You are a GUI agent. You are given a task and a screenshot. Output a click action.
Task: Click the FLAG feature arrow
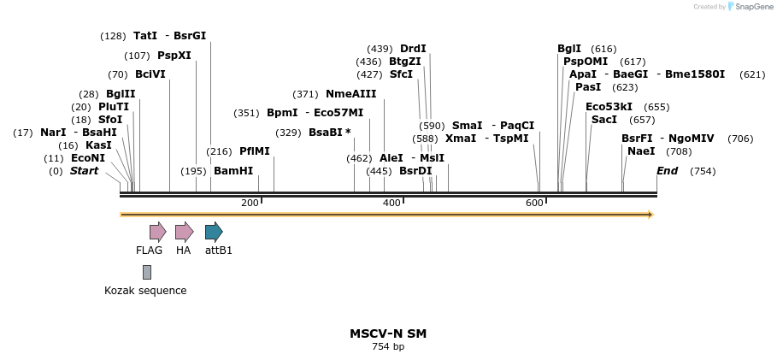click(x=157, y=231)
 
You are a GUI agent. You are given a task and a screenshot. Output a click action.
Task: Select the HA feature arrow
click(x=184, y=231)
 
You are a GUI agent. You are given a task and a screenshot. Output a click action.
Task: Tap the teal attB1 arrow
click(x=214, y=231)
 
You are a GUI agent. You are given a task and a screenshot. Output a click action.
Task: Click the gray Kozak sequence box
click(x=147, y=272)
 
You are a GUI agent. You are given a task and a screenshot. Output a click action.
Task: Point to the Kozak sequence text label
click(x=145, y=291)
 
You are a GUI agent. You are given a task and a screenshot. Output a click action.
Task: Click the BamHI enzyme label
click(x=233, y=171)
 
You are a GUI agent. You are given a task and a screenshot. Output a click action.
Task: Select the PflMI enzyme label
click(x=254, y=151)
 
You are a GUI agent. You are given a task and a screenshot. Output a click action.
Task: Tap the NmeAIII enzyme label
click(x=350, y=94)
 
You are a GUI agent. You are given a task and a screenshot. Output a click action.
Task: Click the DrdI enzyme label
click(x=413, y=49)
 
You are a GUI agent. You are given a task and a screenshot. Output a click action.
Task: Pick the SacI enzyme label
click(x=603, y=120)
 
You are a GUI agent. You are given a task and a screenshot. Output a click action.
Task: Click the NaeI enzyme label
click(x=641, y=151)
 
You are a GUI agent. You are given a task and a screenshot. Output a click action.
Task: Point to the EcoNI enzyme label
click(x=88, y=158)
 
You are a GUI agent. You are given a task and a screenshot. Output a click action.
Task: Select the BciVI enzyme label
click(x=150, y=74)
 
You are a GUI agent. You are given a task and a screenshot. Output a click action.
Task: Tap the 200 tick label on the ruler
click(x=250, y=203)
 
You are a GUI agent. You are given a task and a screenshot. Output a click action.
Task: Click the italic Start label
click(x=84, y=171)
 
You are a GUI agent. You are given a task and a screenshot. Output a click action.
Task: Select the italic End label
click(x=667, y=171)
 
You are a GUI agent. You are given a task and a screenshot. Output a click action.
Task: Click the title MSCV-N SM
click(x=387, y=333)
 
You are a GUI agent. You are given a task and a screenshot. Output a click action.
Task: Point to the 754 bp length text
click(x=387, y=347)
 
